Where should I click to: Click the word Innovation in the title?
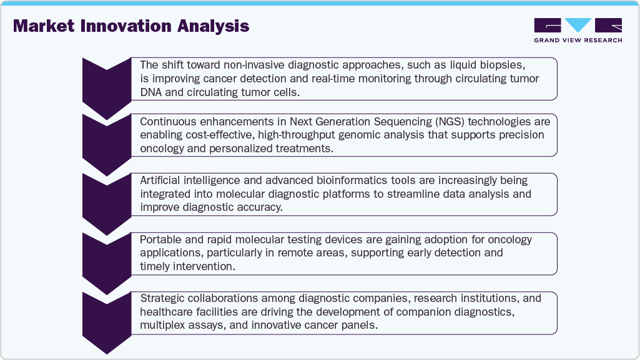pyautogui.click(x=135, y=26)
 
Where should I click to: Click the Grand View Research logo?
pyautogui.click(x=578, y=26)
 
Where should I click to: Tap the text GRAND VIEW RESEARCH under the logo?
pyautogui.click(x=578, y=41)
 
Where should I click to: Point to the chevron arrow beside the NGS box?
pyautogui.click(x=106, y=143)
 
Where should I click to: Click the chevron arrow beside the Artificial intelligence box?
pyautogui.click(x=106, y=202)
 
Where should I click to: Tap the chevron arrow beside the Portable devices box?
pyautogui.click(x=106, y=260)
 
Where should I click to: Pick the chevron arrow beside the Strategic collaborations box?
pyautogui.click(x=106, y=319)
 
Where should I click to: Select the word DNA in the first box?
pyautogui.click(x=151, y=92)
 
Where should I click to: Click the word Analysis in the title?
pyautogui.click(x=213, y=26)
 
